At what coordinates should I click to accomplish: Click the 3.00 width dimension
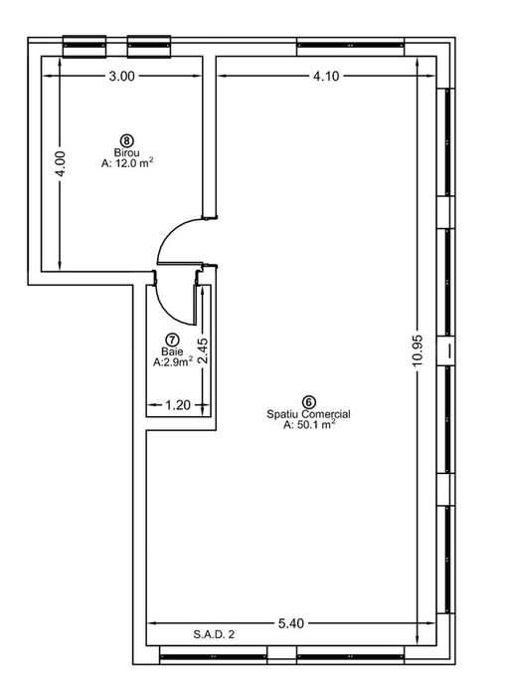click(x=121, y=76)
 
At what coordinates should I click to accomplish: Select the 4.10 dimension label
click(x=326, y=76)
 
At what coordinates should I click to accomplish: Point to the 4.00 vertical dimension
click(x=61, y=164)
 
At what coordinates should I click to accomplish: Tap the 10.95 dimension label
click(x=418, y=350)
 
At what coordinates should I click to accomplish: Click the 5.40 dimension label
click(x=291, y=623)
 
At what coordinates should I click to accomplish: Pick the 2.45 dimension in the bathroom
click(x=203, y=351)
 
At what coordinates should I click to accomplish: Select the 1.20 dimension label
click(x=178, y=405)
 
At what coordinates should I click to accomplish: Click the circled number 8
click(x=127, y=141)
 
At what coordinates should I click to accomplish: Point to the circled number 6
click(x=309, y=402)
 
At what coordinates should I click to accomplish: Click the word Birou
click(x=127, y=152)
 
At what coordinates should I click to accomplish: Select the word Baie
click(x=172, y=351)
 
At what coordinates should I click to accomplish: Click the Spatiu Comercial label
click(x=308, y=414)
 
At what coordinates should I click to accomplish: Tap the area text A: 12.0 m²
click(x=127, y=162)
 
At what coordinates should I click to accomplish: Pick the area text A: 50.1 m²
click(x=309, y=424)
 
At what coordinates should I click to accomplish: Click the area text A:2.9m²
click(x=173, y=361)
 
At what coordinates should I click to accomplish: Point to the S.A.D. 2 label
click(x=214, y=634)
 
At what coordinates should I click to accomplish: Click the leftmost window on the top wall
click(x=85, y=46)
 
